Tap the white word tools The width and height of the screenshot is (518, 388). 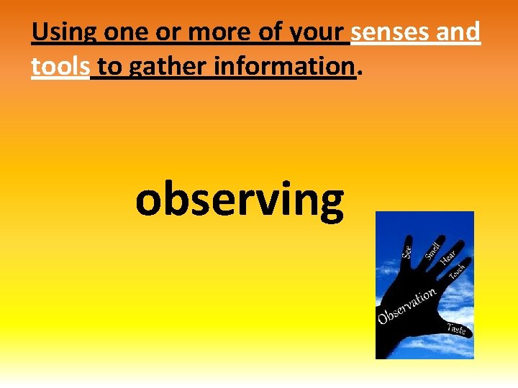(x=60, y=67)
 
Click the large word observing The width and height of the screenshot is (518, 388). (x=240, y=200)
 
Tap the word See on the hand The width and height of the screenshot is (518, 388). (x=407, y=252)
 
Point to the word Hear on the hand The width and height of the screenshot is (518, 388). (x=449, y=255)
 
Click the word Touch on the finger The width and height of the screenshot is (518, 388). (x=458, y=272)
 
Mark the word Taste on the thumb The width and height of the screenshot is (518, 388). (x=457, y=329)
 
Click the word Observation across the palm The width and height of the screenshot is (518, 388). (x=407, y=306)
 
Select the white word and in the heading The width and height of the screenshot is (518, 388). (x=461, y=32)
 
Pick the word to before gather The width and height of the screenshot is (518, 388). (x=109, y=68)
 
